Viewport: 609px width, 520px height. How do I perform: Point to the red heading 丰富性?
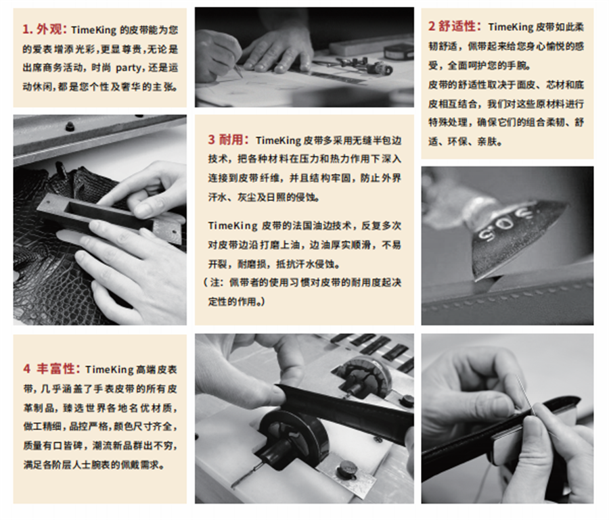click(x=58, y=369)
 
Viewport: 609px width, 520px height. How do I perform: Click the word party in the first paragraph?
click(x=128, y=68)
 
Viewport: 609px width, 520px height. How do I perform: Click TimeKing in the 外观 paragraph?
click(x=93, y=30)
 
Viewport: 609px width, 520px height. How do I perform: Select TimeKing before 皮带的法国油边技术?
click(x=232, y=225)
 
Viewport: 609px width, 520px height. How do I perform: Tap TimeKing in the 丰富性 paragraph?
click(x=109, y=369)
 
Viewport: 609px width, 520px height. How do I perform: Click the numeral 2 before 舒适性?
click(x=432, y=27)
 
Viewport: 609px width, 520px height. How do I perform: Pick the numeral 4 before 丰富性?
click(x=26, y=369)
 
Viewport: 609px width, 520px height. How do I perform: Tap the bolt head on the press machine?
click(x=70, y=126)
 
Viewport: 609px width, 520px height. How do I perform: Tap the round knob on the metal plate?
click(x=347, y=469)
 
